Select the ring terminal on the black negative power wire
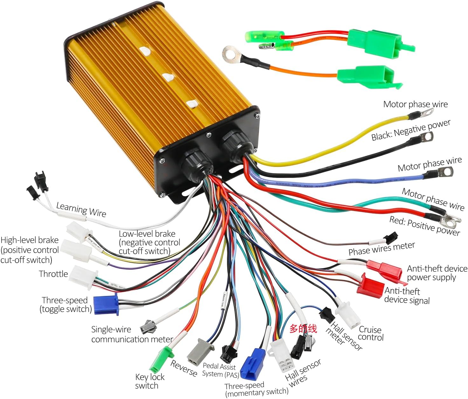[x=427, y=137]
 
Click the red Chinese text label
[x=303, y=328]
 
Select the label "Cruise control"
[x=371, y=334]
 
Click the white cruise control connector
[x=349, y=315]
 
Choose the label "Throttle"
[x=53, y=274]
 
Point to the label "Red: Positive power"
[x=425, y=226]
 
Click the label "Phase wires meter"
[x=382, y=249]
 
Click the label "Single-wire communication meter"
[x=132, y=335]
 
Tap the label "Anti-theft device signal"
[x=407, y=296]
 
